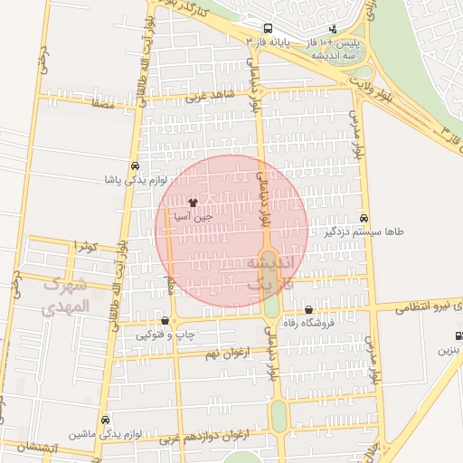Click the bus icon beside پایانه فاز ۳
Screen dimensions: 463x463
[x=268, y=30]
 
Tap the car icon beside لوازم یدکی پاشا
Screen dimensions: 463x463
[x=134, y=166]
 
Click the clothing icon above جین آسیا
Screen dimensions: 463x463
[x=193, y=203]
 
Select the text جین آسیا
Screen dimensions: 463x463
[x=194, y=217]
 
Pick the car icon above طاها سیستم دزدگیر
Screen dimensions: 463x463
[x=364, y=218]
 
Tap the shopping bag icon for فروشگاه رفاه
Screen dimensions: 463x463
[x=309, y=310]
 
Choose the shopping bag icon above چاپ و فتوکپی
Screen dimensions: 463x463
[x=164, y=320]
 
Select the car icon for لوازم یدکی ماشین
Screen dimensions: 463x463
[x=107, y=420]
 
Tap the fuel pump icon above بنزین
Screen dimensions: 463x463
[x=458, y=335]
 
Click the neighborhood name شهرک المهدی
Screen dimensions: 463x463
[x=66, y=295]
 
